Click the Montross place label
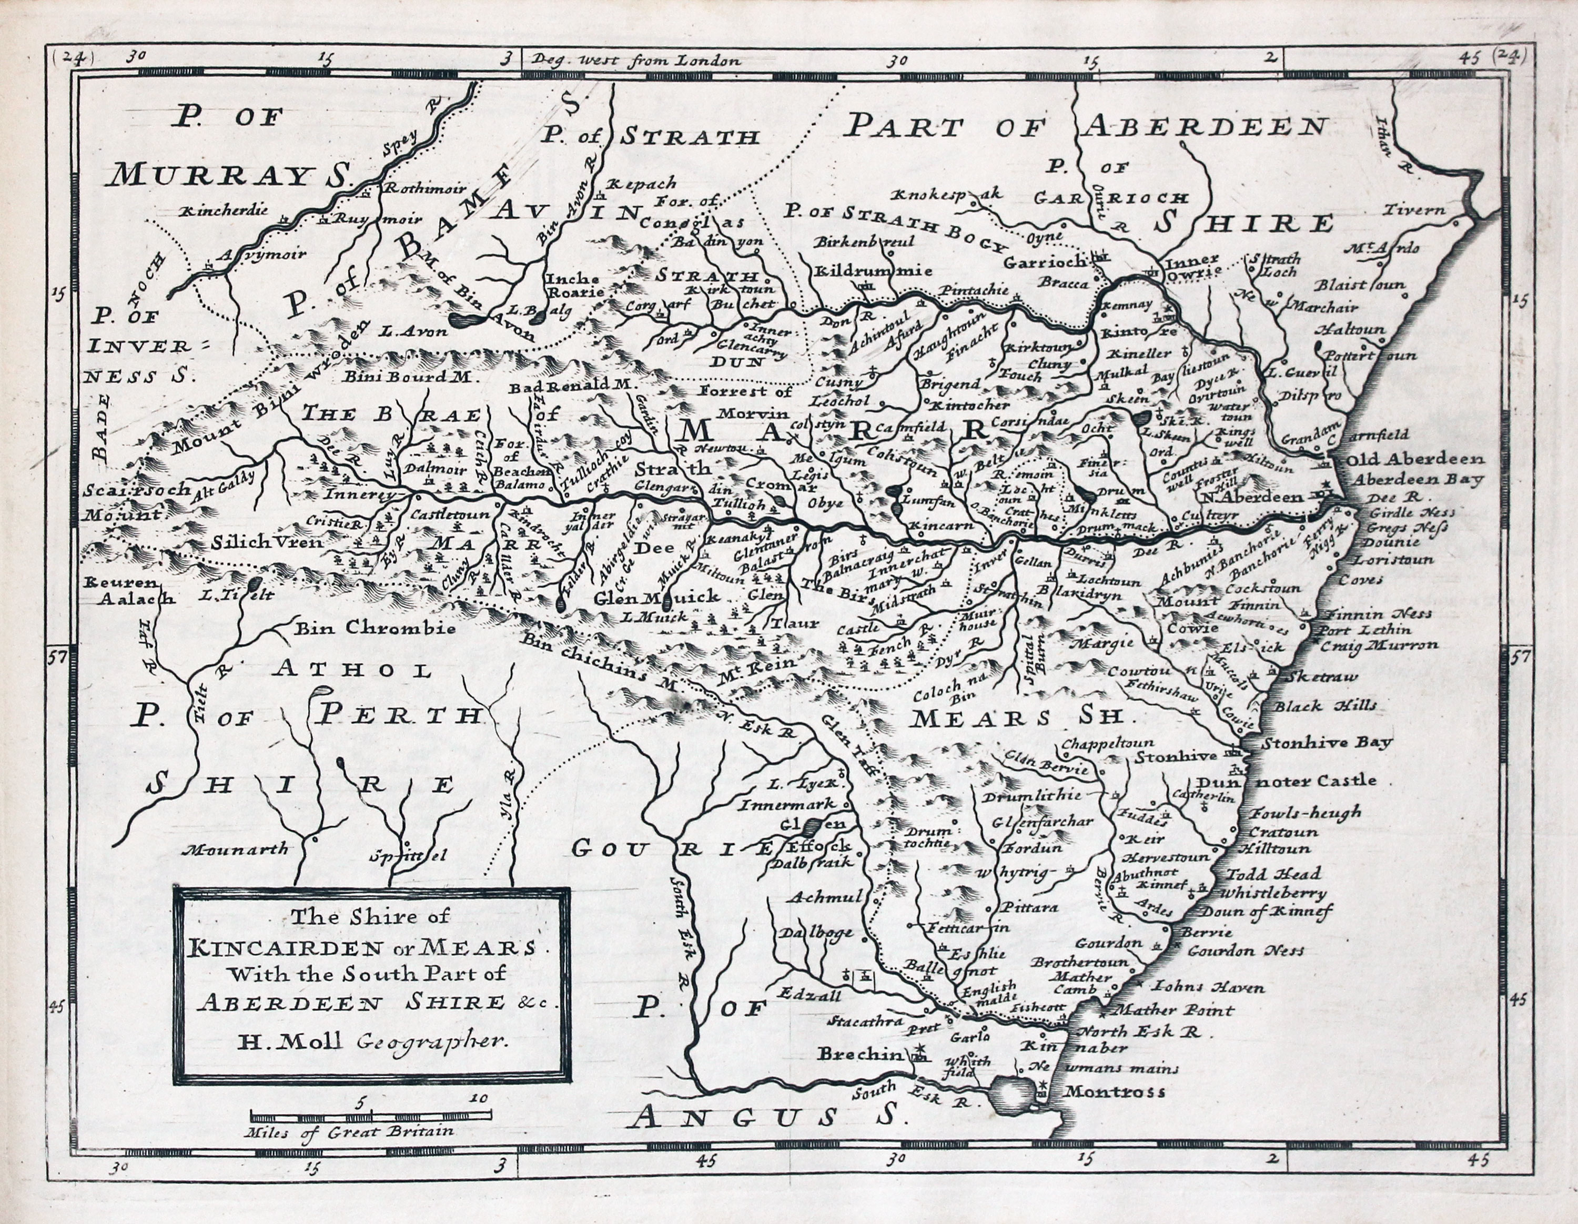pos(1115,1093)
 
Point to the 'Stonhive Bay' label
pos(1327,742)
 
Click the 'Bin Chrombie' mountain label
pos(375,627)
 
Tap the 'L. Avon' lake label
pos(408,330)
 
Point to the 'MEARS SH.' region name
pos(1019,717)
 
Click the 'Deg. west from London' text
pos(636,60)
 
